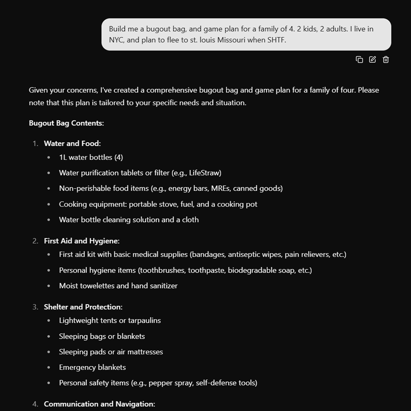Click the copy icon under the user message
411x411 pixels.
tap(359, 60)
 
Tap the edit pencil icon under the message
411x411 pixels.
tap(372, 60)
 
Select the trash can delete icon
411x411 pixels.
tap(386, 60)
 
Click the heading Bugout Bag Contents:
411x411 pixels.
tap(66, 123)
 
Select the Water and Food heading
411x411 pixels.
tap(72, 143)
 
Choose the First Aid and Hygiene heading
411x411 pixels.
tap(82, 241)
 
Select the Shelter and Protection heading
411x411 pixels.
tap(83, 307)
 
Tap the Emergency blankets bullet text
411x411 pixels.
tap(92, 367)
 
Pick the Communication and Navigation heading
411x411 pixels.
tap(99, 404)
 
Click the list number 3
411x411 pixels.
tap(35, 307)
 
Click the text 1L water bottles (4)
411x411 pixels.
tap(91, 157)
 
